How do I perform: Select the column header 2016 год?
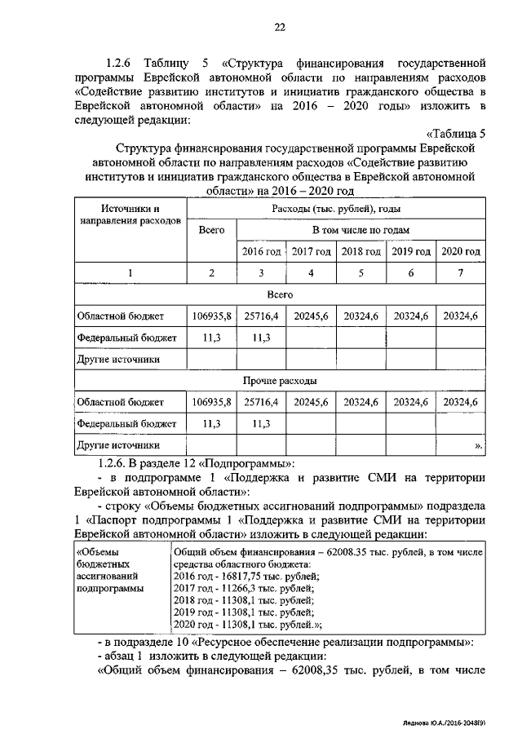click(x=261, y=251)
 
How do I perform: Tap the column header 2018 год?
click(x=361, y=251)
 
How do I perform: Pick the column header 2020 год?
click(x=461, y=251)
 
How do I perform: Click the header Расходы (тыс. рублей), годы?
click(x=335, y=210)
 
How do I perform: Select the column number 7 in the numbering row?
click(x=461, y=272)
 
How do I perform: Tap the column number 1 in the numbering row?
click(x=130, y=272)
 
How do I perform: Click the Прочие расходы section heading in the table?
click(x=280, y=381)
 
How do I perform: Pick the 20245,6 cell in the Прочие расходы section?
click(x=311, y=402)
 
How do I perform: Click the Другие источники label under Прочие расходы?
click(x=117, y=445)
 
